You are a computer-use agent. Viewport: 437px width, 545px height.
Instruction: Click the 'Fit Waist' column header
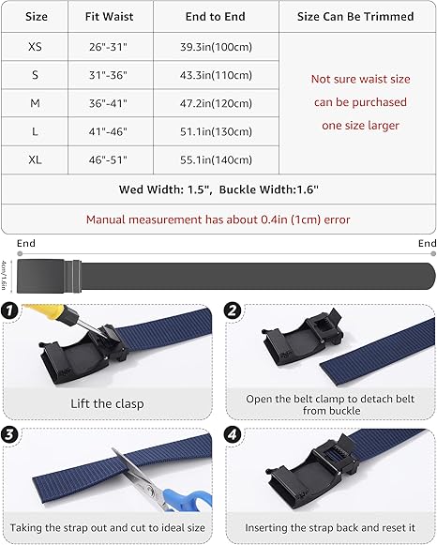point(109,16)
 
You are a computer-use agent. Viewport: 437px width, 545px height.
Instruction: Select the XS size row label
point(35,47)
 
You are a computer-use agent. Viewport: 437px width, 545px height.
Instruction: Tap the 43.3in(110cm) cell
point(216,75)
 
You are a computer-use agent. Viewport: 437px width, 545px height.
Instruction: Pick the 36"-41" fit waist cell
point(108,103)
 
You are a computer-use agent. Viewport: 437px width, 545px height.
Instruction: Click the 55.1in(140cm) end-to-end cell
point(216,159)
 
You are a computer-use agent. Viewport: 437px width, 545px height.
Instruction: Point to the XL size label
point(35,159)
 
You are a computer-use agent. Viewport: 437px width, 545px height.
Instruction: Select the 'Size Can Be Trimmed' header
point(355,16)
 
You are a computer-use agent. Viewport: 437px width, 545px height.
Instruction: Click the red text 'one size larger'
point(360,125)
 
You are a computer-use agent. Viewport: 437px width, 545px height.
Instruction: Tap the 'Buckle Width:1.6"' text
point(268,189)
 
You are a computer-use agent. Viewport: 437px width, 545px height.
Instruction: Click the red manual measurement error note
point(218,220)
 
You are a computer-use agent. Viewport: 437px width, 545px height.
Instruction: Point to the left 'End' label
point(26,243)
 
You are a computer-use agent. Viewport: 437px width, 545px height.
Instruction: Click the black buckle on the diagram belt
point(49,276)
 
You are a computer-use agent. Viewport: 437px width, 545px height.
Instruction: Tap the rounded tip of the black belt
point(431,276)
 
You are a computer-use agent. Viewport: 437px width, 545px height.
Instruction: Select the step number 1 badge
point(9,310)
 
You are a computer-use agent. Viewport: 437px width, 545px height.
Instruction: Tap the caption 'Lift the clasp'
point(107,404)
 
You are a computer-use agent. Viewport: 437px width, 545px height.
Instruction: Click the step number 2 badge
point(233,310)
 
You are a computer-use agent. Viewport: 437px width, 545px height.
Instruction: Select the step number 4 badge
point(233,434)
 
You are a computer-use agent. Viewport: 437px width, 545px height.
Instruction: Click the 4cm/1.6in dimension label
point(4,275)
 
